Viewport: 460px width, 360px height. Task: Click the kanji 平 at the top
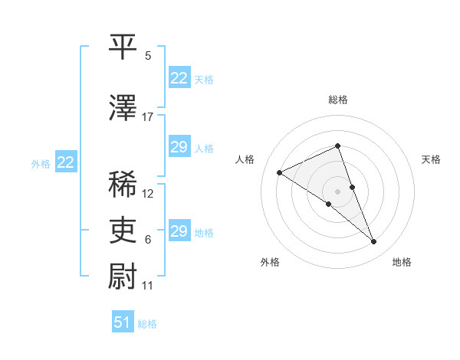pos(123,47)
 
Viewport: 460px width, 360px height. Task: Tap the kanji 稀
pos(123,185)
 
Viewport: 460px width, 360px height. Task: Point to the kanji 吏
pos(123,229)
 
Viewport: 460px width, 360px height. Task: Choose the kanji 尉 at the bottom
pos(123,275)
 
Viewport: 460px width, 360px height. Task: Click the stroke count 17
pos(148,117)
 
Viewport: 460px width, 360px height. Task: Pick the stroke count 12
pos(148,194)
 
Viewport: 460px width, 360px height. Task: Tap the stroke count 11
pos(148,285)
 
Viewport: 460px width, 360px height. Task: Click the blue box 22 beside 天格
pos(179,78)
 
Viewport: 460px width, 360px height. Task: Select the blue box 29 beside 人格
pos(179,148)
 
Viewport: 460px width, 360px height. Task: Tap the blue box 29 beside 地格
pos(179,232)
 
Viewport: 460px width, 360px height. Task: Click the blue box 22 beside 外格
pos(66,162)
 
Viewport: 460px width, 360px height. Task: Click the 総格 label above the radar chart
pos(338,100)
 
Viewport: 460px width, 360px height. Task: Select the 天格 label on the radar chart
pos(431,159)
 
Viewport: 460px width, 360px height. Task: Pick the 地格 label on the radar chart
pos(402,262)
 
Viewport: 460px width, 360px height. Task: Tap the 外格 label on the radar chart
pos(270,262)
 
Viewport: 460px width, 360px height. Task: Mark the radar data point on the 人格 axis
pos(280,173)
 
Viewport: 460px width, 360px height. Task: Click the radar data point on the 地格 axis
pos(374,242)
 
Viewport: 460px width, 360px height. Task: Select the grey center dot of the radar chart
pos(338,191)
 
